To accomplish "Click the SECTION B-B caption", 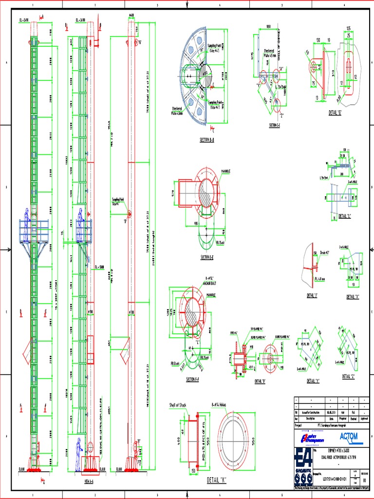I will click(x=207, y=140).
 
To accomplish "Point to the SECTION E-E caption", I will click(x=206, y=257).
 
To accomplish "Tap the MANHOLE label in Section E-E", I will click(x=225, y=172).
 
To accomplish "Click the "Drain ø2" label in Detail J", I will click(x=323, y=252).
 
